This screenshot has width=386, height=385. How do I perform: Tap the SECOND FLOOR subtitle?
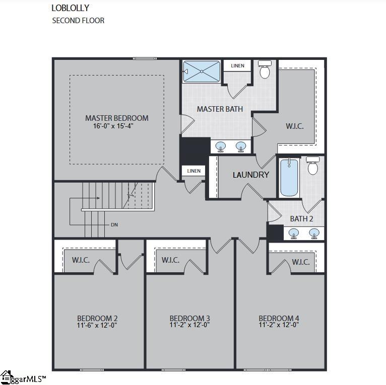point(78,21)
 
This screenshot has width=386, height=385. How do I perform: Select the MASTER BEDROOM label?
point(116,118)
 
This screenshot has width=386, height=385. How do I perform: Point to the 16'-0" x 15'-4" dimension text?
point(116,126)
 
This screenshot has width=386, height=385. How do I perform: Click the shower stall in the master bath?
point(202,71)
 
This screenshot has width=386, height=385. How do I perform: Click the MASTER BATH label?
point(220,109)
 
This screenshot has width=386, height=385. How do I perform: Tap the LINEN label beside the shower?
point(237,66)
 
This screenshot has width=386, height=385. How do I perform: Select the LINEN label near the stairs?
point(194,171)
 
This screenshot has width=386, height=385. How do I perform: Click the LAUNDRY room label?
point(250,175)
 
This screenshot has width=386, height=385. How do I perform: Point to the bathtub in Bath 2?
point(289,178)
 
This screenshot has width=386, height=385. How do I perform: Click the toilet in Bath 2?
point(313,166)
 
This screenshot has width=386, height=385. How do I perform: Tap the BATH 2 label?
point(301,219)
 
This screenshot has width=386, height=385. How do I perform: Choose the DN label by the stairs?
point(114,224)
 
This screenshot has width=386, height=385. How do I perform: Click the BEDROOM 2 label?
point(97,318)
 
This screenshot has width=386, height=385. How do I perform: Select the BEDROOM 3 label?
point(189,318)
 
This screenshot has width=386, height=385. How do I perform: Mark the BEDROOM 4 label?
point(279,318)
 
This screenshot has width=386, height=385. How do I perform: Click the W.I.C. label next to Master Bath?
point(295,126)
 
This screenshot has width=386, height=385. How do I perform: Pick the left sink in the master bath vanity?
point(221,146)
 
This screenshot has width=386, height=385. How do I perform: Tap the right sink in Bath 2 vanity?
point(314,233)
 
